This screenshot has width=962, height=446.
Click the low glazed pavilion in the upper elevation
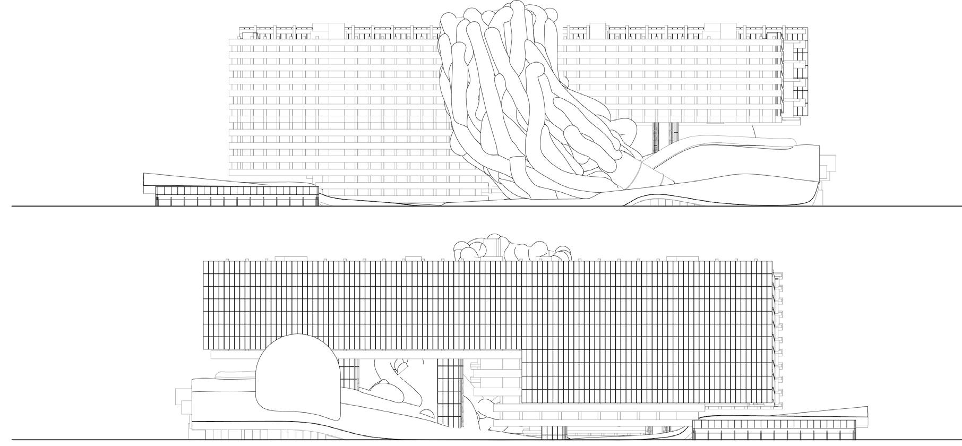[236, 196]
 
